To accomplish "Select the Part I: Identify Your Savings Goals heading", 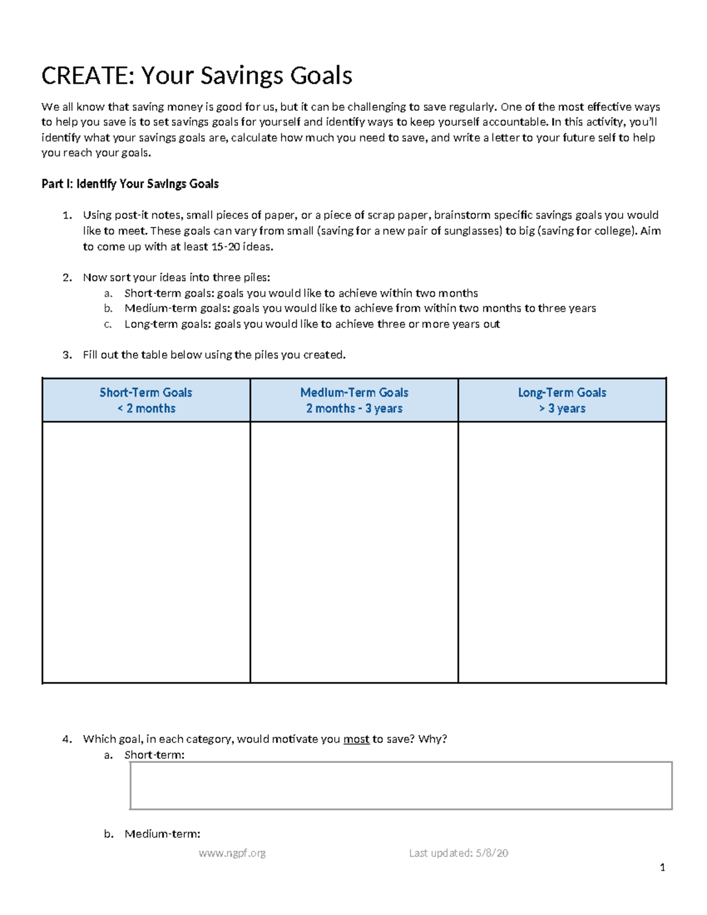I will pos(130,184).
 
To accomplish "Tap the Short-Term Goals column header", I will pos(146,400).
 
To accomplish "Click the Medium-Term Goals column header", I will pos(354,400).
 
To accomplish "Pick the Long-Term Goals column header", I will pos(562,400).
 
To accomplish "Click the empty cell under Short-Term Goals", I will pos(146,552).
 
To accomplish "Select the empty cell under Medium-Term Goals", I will pos(354,552).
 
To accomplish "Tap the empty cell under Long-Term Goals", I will pos(562,552).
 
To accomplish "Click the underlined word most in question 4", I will pos(356,739).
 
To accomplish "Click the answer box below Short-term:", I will pos(401,785).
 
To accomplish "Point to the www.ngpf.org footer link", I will pos(232,853).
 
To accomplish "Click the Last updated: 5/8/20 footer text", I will pos(458,853).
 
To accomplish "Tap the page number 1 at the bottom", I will pos(663,867).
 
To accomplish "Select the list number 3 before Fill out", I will pos(67,355).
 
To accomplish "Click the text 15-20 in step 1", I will pos(225,247).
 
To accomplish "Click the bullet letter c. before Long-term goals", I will pos(107,324).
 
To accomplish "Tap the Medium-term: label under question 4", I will pos(163,834).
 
